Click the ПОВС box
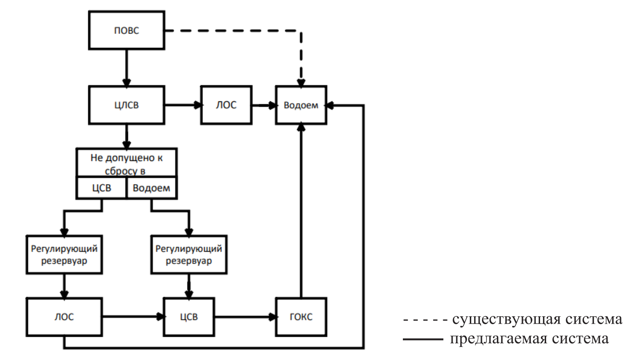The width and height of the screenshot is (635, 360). click(127, 31)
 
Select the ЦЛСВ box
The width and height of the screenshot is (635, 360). click(127, 105)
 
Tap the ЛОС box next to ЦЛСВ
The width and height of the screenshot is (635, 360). click(227, 105)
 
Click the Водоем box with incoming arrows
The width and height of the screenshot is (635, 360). click(301, 105)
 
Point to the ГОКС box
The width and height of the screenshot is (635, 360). click(301, 317)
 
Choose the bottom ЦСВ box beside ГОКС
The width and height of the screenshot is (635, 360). click(188, 317)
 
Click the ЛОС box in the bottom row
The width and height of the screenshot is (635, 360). click(64, 317)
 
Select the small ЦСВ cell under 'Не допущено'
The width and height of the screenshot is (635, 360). click(101, 188)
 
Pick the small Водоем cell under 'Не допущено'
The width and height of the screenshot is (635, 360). click(152, 188)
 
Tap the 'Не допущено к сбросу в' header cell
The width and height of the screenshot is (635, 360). click(127, 163)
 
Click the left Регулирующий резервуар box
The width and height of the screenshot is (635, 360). click(64, 253)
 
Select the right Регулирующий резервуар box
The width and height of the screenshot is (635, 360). click(188, 253)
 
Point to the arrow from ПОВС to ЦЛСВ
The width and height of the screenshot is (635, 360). click(127, 67)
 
